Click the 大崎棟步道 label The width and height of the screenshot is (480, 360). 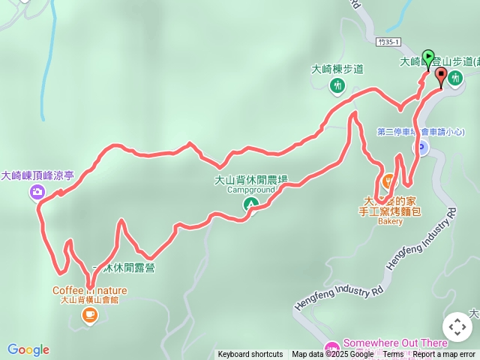[x=337, y=69]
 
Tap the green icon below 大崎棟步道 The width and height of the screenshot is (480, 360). [x=337, y=85]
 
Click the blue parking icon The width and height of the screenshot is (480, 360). [x=421, y=148]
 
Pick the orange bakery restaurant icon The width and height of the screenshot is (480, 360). [x=388, y=181]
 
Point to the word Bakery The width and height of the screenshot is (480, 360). [x=390, y=221]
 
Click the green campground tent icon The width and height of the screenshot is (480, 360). [x=251, y=202]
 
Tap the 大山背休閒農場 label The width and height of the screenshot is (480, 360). [x=251, y=180]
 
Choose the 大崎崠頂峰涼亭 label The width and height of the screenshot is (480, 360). [x=37, y=175]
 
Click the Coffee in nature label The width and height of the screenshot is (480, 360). [x=89, y=290]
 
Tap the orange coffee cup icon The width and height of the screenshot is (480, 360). [x=89, y=316]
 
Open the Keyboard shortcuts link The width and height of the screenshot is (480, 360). [x=250, y=355]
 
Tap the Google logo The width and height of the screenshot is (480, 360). [x=28, y=349]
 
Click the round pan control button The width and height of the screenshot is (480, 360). [x=457, y=327]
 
